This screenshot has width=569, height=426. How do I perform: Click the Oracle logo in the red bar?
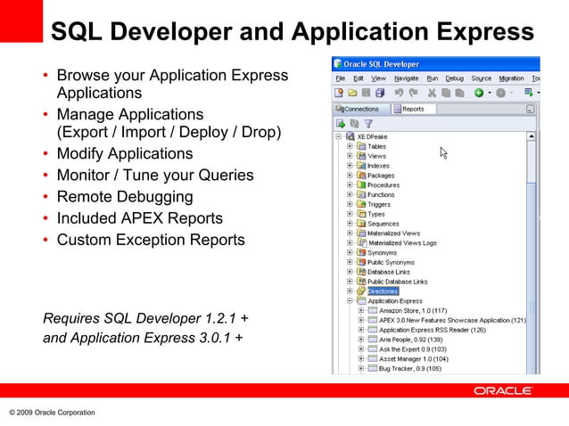503,390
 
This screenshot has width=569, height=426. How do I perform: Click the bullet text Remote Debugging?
124,197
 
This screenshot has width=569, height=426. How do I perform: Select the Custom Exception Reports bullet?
150,240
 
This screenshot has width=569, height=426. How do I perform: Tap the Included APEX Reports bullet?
139,218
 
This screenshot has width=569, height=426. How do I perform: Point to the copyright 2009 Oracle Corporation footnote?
52,412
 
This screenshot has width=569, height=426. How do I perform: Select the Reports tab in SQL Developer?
412,109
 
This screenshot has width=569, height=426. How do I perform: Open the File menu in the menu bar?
341,78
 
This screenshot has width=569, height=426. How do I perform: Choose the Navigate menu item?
406,78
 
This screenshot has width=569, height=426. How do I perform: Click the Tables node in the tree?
376,146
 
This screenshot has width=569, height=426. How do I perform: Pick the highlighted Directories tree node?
383,291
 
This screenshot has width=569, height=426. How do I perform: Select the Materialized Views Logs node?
403,242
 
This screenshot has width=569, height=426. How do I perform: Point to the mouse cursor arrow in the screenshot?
443,152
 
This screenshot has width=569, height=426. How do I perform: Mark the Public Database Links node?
397,282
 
